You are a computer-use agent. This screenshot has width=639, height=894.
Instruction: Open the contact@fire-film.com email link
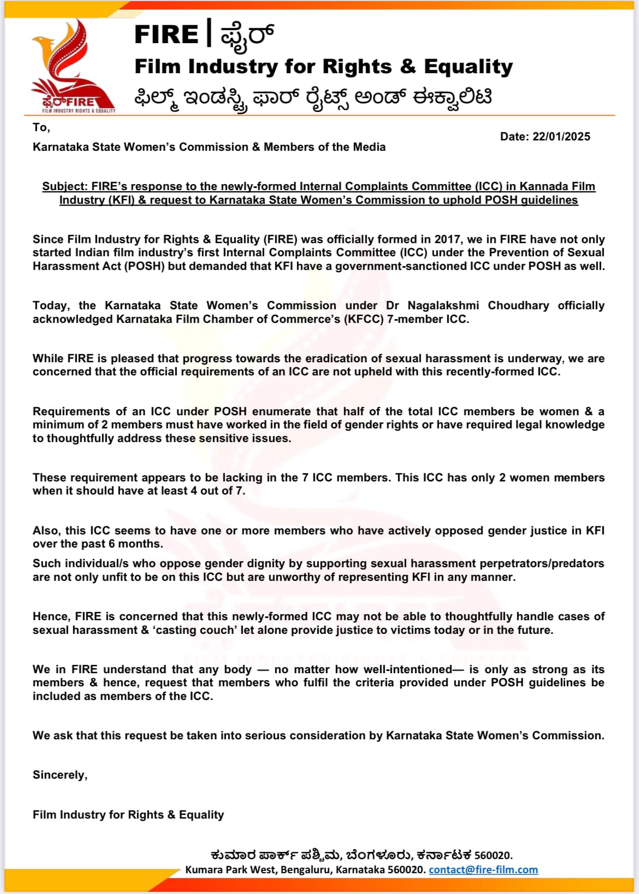pyautogui.click(x=483, y=869)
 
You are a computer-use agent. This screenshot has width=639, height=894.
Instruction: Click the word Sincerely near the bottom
pyautogui.click(x=60, y=775)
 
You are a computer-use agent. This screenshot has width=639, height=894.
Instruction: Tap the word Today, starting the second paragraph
pyautogui.click(x=51, y=305)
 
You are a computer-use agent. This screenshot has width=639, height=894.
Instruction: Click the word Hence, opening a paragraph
pyautogui.click(x=51, y=616)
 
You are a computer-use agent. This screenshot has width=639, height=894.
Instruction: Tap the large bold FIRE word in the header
pyautogui.click(x=166, y=35)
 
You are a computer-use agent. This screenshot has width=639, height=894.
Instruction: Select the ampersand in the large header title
pyautogui.click(x=407, y=67)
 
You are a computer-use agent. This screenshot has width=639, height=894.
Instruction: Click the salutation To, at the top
pyautogui.click(x=41, y=127)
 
